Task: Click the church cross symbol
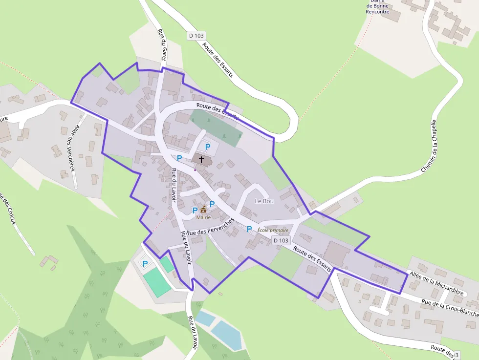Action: click(x=201, y=159)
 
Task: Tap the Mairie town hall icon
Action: click(x=203, y=209)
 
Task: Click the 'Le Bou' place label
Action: click(x=264, y=201)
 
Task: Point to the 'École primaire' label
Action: click(x=273, y=230)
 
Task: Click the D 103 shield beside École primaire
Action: click(x=281, y=240)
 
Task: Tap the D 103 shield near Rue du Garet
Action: click(x=196, y=36)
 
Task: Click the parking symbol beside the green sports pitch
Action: click(x=145, y=264)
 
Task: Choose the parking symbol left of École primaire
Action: click(x=249, y=229)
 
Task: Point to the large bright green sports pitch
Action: click(x=157, y=282)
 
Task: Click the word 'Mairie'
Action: click(x=203, y=217)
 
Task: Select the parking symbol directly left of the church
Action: click(x=179, y=158)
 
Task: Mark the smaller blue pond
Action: click(x=205, y=318)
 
